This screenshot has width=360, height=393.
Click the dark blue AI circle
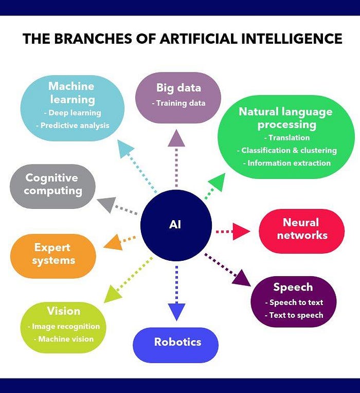pyautogui.click(x=176, y=225)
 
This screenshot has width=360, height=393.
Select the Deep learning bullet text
pyautogui.click(x=72, y=113)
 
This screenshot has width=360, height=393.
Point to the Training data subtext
pyautogui.click(x=178, y=103)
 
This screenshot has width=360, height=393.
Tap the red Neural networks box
pyautogui.click(x=301, y=229)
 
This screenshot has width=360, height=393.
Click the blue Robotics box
pyautogui.click(x=177, y=342)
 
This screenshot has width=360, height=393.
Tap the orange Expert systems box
pyautogui.click(x=52, y=254)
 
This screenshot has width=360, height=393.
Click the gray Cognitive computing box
pyautogui.click(x=53, y=185)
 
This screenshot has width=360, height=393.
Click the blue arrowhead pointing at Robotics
pyautogui.click(x=176, y=311)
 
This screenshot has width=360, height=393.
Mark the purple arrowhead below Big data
pyautogui.click(x=176, y=137)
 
